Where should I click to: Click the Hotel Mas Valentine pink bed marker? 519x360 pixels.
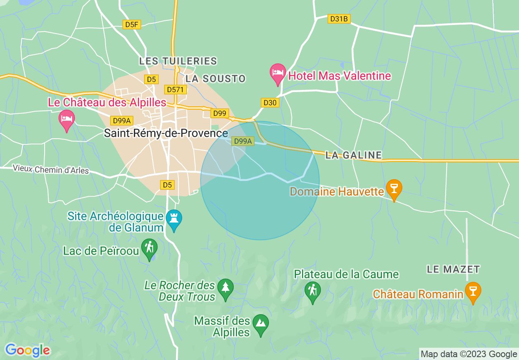tap(278, 73)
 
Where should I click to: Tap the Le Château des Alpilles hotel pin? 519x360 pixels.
tap(67, 119)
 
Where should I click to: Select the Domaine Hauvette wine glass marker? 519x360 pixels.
tap(394, 189)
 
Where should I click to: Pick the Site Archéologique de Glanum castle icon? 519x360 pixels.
tap(174, 219)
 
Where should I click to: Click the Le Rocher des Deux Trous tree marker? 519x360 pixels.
tap(225, 288)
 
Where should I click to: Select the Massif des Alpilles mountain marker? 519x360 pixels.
tap(261, 323)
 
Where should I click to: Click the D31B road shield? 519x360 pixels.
tap(339, 19)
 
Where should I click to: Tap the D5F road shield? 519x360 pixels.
tap(132, 25)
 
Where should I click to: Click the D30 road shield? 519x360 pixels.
tap(270, 103)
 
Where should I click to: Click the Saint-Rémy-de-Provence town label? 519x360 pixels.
tap(166, 133)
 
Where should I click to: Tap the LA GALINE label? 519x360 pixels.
tap(354, 155)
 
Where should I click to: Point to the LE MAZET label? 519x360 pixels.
tap(453, 269)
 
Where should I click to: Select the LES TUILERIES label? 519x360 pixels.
tap(178, 61)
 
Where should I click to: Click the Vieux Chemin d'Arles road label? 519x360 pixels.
tap(51, 169)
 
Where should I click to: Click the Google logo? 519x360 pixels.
tap(27, 350)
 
